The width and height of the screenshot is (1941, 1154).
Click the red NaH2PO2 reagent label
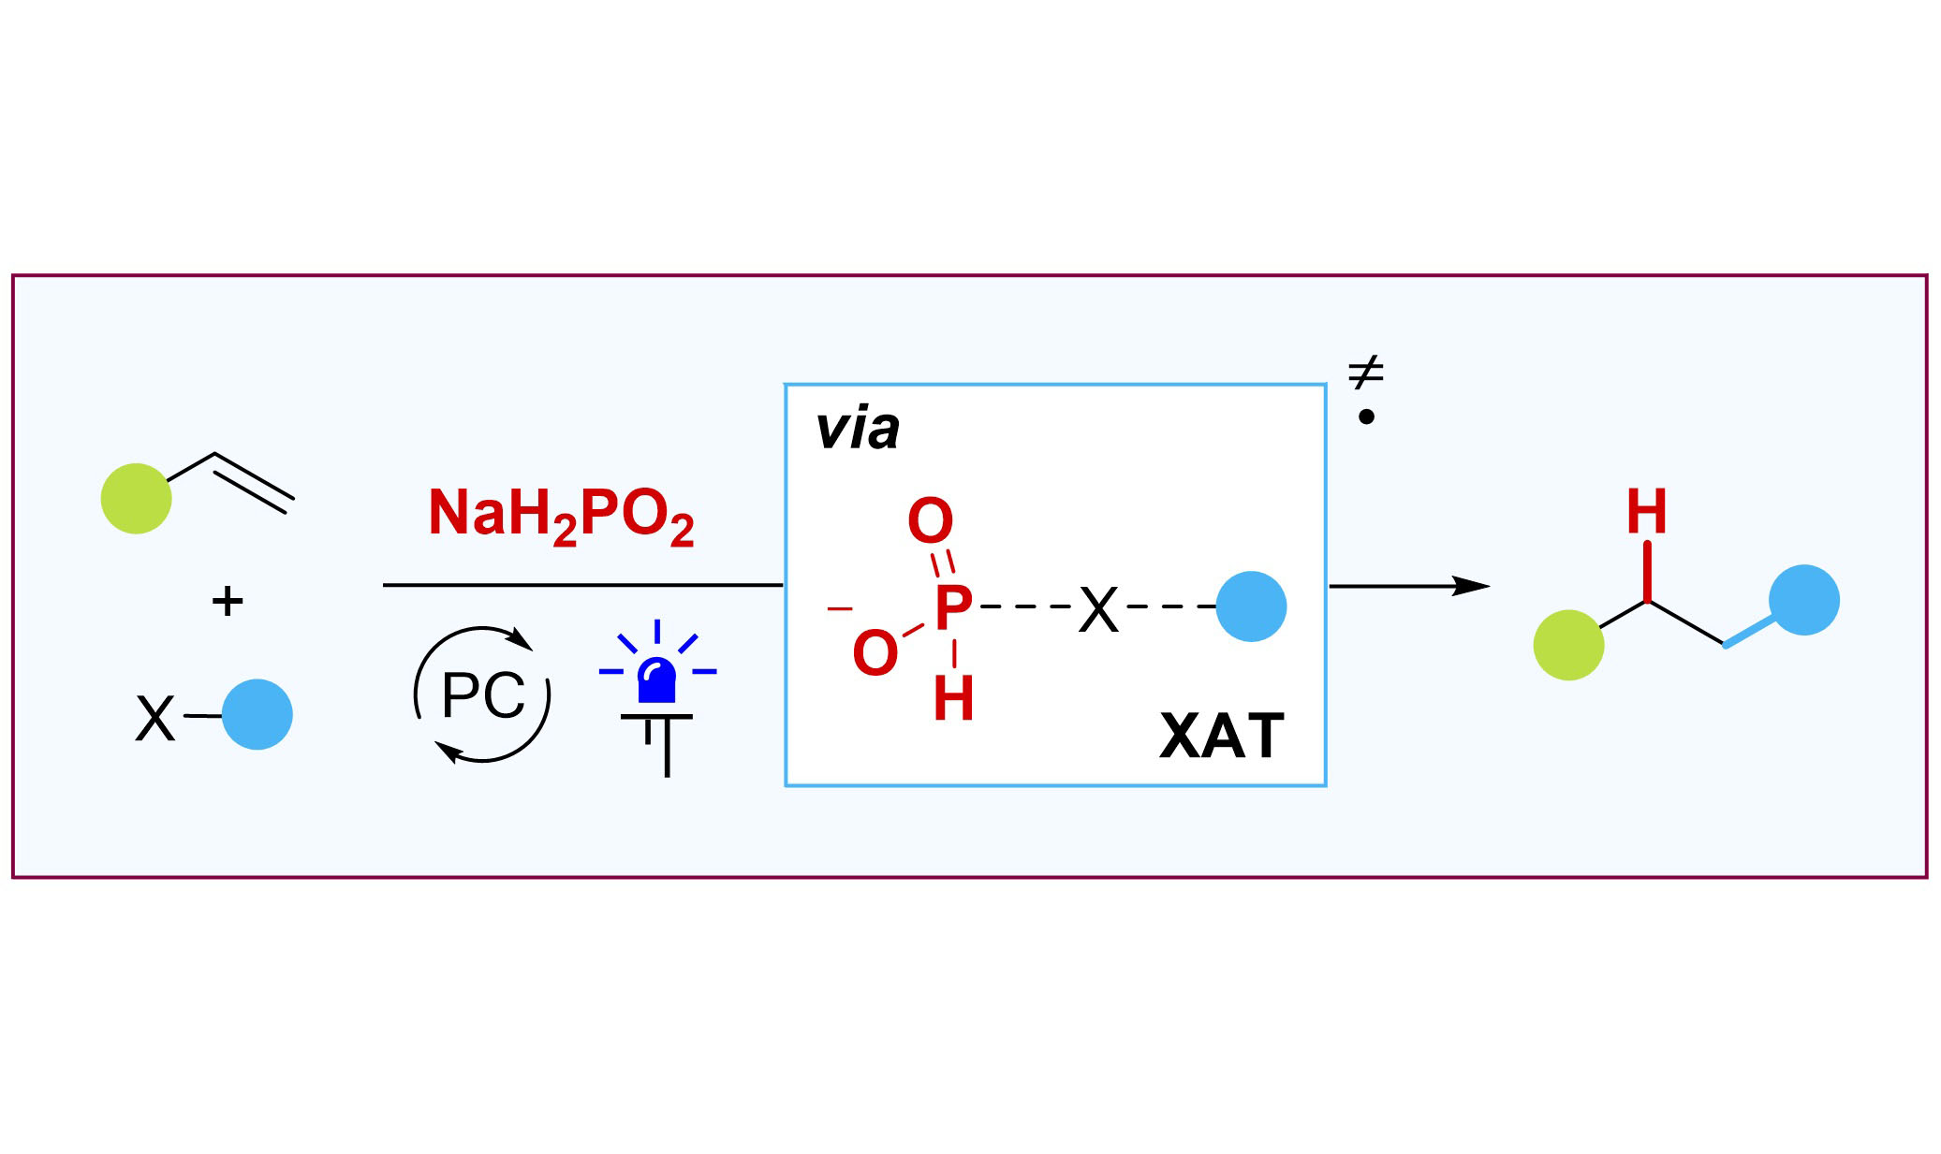coord(561,516)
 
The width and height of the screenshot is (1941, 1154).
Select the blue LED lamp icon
coord(657,696)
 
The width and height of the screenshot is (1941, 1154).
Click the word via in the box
coord(857,430)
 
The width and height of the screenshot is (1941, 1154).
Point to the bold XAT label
coord(1222,736)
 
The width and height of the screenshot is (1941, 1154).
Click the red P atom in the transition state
coord(954,608)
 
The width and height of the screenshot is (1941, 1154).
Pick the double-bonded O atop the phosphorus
coord(930,521)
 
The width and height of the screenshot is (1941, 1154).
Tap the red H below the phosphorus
coord(954,698)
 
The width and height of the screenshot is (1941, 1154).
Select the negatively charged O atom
coord(875,652)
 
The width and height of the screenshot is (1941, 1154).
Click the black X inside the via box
coord(1098,610)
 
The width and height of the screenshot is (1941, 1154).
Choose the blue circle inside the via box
coord(1251,606)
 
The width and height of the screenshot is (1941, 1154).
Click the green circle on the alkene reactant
coord(137,499)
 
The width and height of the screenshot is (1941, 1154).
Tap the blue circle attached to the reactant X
coord(257,714)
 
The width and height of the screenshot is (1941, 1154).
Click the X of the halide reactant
coord(155,719)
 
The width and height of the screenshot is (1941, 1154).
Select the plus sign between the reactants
coord(228,600)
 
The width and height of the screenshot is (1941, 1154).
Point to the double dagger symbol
coord(1366,372)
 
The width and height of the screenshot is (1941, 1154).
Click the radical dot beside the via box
coord(1366,416)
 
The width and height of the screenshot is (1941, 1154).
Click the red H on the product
coord(1646,512)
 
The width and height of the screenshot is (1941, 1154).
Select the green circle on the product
coord(1568,645)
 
